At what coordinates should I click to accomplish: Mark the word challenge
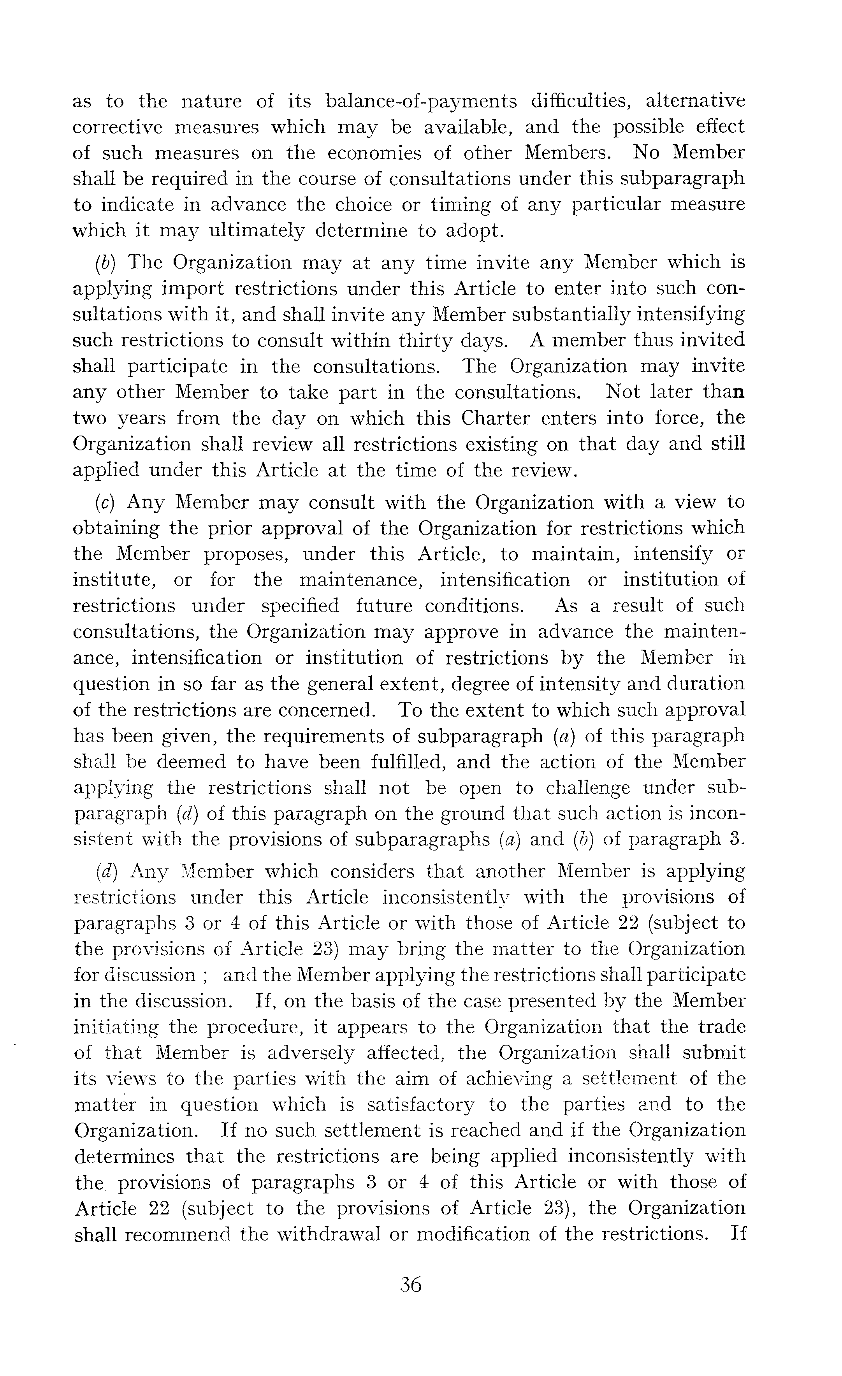pyautogui.click(x=587, y=788)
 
